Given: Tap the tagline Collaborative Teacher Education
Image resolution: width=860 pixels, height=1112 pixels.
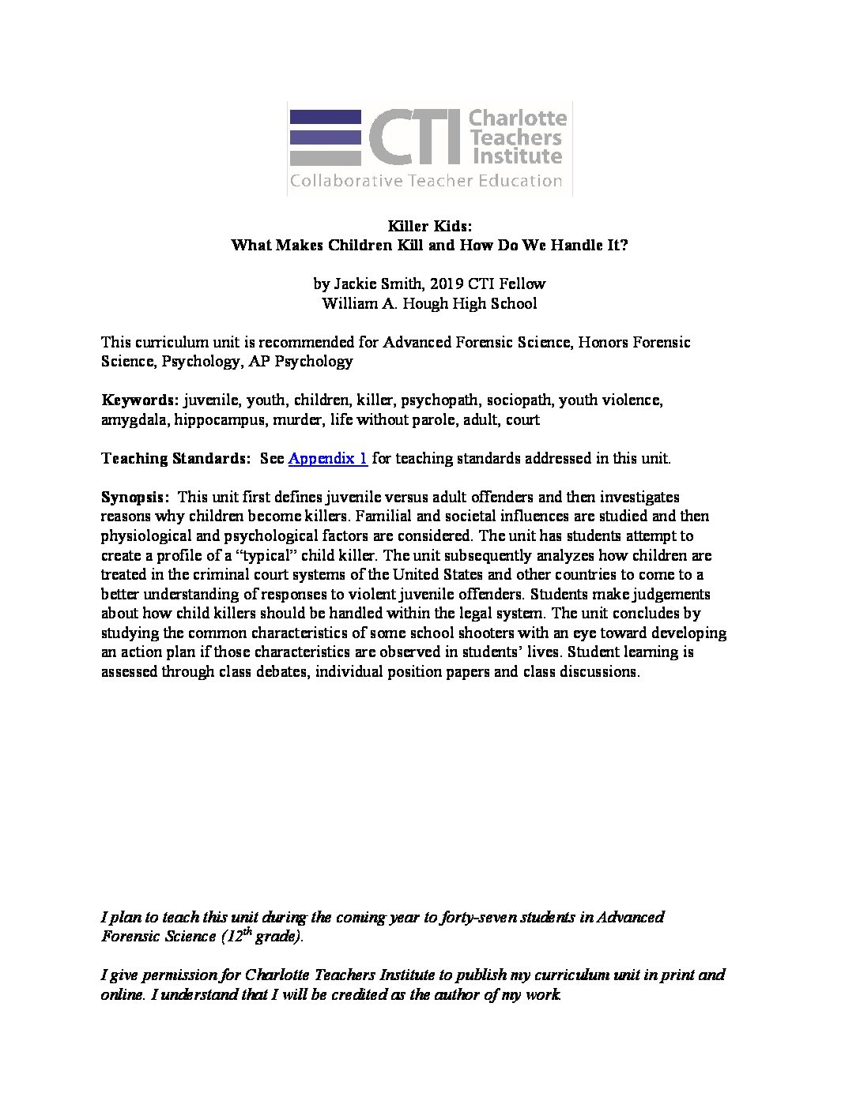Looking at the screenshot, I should [x=426, y=181].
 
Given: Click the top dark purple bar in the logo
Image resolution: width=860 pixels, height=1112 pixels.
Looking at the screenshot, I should [x=325, y=117].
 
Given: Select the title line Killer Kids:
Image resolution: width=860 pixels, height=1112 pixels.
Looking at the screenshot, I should [x=429, y=226].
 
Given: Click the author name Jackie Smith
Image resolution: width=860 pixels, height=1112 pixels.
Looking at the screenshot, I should [x=378, y=284].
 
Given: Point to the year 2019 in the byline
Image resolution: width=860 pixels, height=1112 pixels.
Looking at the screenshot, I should [x=447, y=284].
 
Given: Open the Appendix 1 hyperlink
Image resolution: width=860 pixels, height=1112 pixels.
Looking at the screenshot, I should [x=327, y=458].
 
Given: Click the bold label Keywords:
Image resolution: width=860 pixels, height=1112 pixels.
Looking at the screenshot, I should [x=140, y=400].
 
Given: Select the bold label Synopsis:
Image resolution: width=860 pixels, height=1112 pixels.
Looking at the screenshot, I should [x=134, y=497].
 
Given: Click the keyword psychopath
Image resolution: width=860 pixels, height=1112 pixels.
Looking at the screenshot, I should [x=439, y=400].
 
